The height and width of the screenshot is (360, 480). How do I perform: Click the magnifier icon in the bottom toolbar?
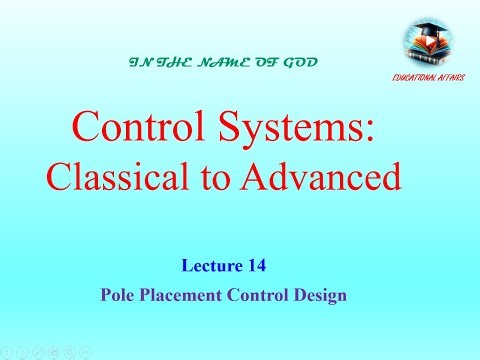click(x=70, y=352)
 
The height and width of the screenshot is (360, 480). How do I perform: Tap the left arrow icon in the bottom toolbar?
click(x=8, y=352)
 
